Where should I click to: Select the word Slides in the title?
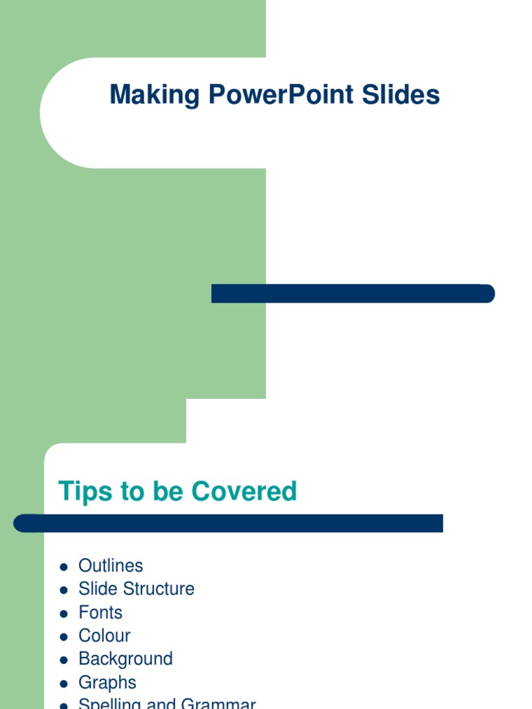(402, 95)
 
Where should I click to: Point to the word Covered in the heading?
(244, 491)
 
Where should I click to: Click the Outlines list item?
(111, 566)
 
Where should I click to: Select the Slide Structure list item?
(136, 589)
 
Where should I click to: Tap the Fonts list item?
(100, 613)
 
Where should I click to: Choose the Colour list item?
(105, 636)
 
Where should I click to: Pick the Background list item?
(125, 659)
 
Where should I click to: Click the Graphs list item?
(107, 683)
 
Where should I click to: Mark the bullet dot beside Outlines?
(64, 567)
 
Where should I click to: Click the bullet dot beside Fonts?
(64, 613)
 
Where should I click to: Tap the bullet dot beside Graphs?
(64, 683)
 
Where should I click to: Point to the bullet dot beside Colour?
(64, 637)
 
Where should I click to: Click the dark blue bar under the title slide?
(353, 294)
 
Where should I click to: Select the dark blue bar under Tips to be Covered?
(229, 523)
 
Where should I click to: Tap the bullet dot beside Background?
(64, 660)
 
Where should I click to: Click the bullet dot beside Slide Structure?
(64, 590)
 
